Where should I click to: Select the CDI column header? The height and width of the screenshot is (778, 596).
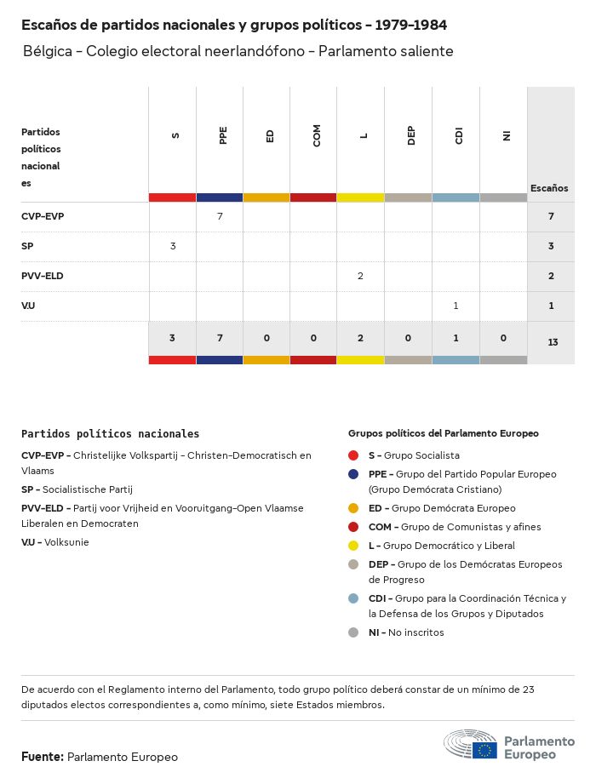tap(458, 136)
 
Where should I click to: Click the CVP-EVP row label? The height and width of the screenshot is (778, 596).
tap(43, 216)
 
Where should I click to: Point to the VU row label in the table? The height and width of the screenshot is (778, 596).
tap(28, 306)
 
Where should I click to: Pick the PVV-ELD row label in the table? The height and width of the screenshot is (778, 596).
tap(43, 276)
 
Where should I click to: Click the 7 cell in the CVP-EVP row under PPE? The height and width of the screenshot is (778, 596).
tap(220, 216)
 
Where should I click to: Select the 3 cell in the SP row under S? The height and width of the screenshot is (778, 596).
tap(173, 246)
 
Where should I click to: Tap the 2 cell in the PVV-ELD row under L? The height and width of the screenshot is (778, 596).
tap(361, 276)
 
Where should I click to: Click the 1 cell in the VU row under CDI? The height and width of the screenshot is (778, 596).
tap(456, 306)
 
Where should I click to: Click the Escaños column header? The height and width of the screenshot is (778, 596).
tap(549, 188)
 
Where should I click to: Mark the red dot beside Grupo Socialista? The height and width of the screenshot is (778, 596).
tap(353, 455)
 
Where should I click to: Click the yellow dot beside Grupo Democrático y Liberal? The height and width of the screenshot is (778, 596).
tap(353, 546)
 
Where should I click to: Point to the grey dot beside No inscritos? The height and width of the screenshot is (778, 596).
tap(353, 632)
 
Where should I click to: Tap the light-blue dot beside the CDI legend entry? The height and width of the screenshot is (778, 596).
tap(353, 598)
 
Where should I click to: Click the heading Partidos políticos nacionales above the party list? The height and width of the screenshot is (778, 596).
tap(110, 434)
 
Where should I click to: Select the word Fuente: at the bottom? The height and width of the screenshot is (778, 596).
tap(43, 756)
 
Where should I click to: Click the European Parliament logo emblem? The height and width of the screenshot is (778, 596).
tap(470, 745)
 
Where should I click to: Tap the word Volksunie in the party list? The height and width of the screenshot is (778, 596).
tap(66, 542)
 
